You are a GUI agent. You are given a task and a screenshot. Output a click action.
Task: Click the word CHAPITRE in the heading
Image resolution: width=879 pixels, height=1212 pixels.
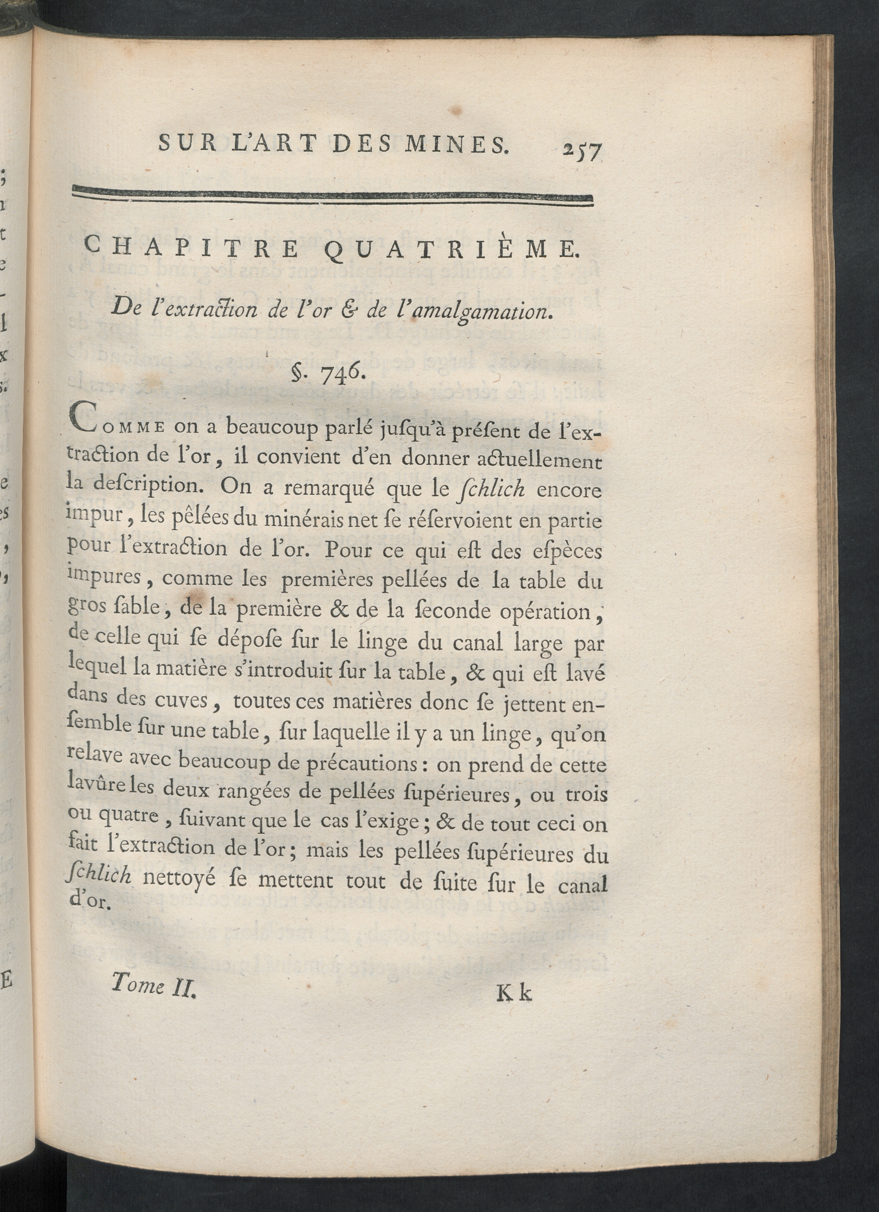click(192, 249)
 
